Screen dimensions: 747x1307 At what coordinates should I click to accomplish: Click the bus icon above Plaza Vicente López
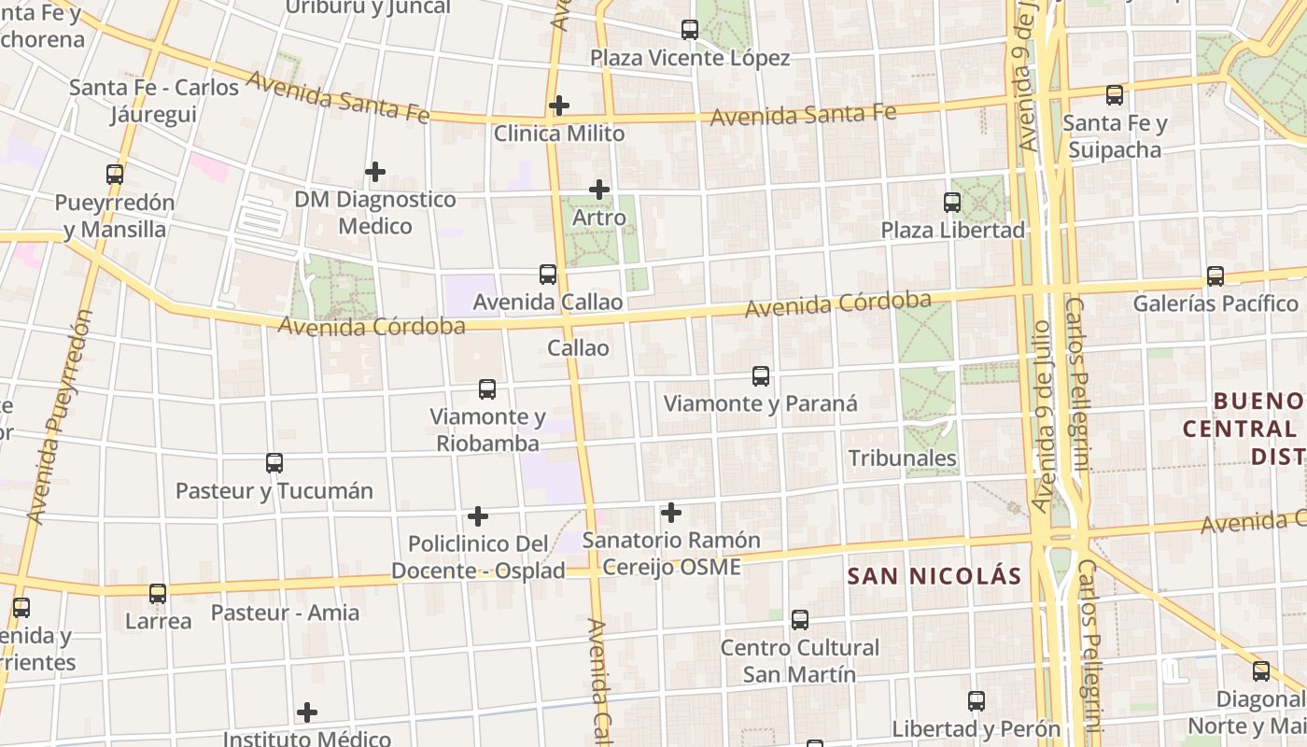690,30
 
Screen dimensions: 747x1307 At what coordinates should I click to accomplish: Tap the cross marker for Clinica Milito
559,106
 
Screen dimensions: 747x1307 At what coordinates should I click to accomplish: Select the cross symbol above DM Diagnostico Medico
375,172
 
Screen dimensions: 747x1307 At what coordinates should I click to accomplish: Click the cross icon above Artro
599,190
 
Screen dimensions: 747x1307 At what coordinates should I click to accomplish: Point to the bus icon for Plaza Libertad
952,202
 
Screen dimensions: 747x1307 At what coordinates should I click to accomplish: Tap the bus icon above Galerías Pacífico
1216,276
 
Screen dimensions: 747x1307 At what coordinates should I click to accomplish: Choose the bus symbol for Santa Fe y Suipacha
1115,95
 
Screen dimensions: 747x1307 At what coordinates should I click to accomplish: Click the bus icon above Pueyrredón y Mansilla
115,175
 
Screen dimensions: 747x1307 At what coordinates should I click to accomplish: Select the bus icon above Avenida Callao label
548,275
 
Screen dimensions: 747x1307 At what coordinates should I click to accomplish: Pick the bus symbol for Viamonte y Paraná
761,376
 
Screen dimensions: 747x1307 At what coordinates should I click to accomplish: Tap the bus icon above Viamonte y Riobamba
487,389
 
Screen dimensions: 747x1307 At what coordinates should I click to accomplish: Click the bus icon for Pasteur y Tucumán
274,463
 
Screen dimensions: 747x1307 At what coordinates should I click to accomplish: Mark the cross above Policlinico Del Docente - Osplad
478,516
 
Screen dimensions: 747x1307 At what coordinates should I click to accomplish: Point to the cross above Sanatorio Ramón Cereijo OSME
671,513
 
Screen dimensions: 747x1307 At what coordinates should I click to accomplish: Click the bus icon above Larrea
158,594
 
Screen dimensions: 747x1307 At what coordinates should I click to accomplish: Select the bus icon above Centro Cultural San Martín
800,619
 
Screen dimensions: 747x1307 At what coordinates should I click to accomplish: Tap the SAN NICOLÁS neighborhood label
935,576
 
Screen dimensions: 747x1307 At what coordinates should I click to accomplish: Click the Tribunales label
902,458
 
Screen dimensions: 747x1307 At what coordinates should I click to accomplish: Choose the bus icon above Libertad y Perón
977,700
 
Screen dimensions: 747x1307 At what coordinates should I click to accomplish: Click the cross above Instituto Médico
307,713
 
